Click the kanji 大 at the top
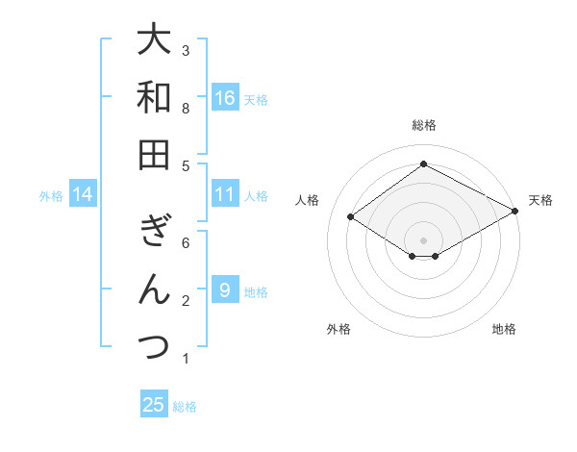point(154,41)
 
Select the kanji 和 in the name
point(154,97)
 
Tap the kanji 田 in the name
point(154,154)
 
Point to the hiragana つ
point(154,345)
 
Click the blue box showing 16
point(225,97)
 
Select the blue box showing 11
point(225,194)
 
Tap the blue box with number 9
point(225,290)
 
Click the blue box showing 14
point(84,195)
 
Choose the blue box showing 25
point(154,405)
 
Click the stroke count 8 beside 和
point(186,109)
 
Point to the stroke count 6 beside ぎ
point(186,243)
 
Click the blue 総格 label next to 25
point(185,407)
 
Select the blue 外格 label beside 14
point(51,196)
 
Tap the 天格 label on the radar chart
point(540,200)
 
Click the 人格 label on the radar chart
point(308,200)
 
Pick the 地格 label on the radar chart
point(504,329)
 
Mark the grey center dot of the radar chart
point(423,239)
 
